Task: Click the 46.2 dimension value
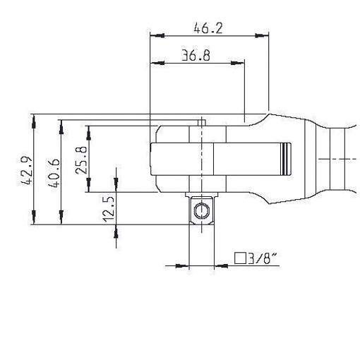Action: click(208, 28)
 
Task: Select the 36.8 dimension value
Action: click(196, 56)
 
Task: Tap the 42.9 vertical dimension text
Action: click(25, 171)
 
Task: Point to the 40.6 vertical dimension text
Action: click(54, 174)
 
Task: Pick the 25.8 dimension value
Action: click(81, 160)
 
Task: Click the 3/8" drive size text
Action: click(262, 258)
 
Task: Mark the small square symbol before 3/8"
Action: click(240, 258)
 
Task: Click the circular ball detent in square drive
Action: click(201, 211)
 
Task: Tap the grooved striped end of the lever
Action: click(286, 159)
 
